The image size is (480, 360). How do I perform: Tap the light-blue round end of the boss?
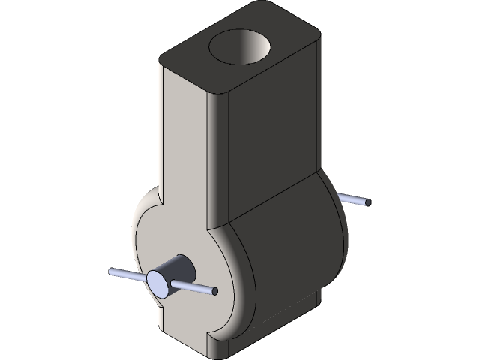tap(159, 282)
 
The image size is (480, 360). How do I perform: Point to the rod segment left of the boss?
tap(127, 274)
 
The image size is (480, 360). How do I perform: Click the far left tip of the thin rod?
tap(111, 271)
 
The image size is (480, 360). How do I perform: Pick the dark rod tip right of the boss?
tap(215, 291)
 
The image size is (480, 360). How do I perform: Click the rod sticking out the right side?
tap(354, 199)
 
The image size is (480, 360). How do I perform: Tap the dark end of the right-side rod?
tap(367, 202)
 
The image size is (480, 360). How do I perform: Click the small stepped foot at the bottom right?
tap(307, 307)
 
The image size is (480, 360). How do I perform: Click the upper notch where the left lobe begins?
tap(159, 196)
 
